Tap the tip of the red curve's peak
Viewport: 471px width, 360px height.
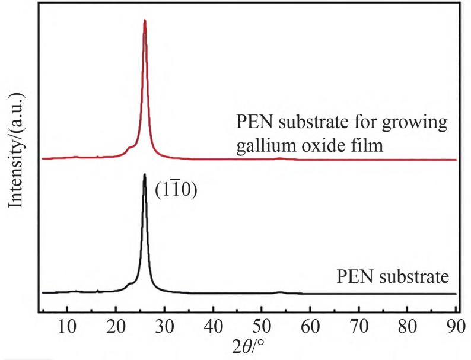coord(145,20)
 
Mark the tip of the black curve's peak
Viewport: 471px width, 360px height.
coord(145,174)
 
